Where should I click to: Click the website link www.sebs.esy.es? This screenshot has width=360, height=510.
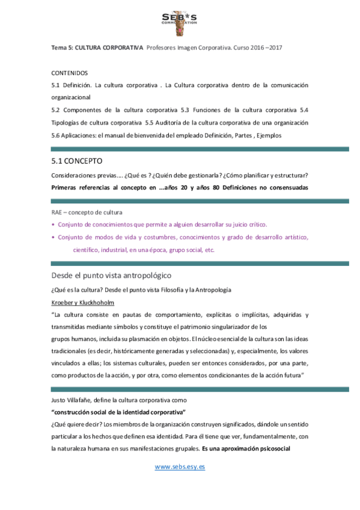pyautogui.click(x=180, y=467)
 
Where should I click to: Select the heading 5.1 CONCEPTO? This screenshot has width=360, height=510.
pyautogui.click(x=77, y=161)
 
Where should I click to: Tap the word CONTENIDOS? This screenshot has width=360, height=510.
pyautogui.click(x=70, y=72)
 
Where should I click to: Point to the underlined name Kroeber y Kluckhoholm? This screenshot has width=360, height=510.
pyautogui.click(x=83, y=302)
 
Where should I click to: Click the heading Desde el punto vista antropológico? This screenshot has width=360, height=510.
pyautogui.click(x=112, y=275)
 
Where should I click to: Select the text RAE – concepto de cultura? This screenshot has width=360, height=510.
pyautogui.click(x=87, y=213)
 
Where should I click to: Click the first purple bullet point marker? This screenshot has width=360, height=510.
pyautogui.click(x=53, y=225)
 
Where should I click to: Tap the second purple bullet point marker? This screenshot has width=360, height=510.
pyautogui.click(x=53, y=238)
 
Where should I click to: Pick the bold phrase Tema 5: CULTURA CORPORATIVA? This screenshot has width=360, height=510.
pyautogui.click(x=97, y=47)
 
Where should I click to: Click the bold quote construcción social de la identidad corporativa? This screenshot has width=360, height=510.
pyautogui.click(x=118, y=413)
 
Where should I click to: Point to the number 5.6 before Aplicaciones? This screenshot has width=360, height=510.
pyautogui.click(x=57, y=135)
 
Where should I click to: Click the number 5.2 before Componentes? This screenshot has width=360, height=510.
pyautogui.click(x=57, y=110)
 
